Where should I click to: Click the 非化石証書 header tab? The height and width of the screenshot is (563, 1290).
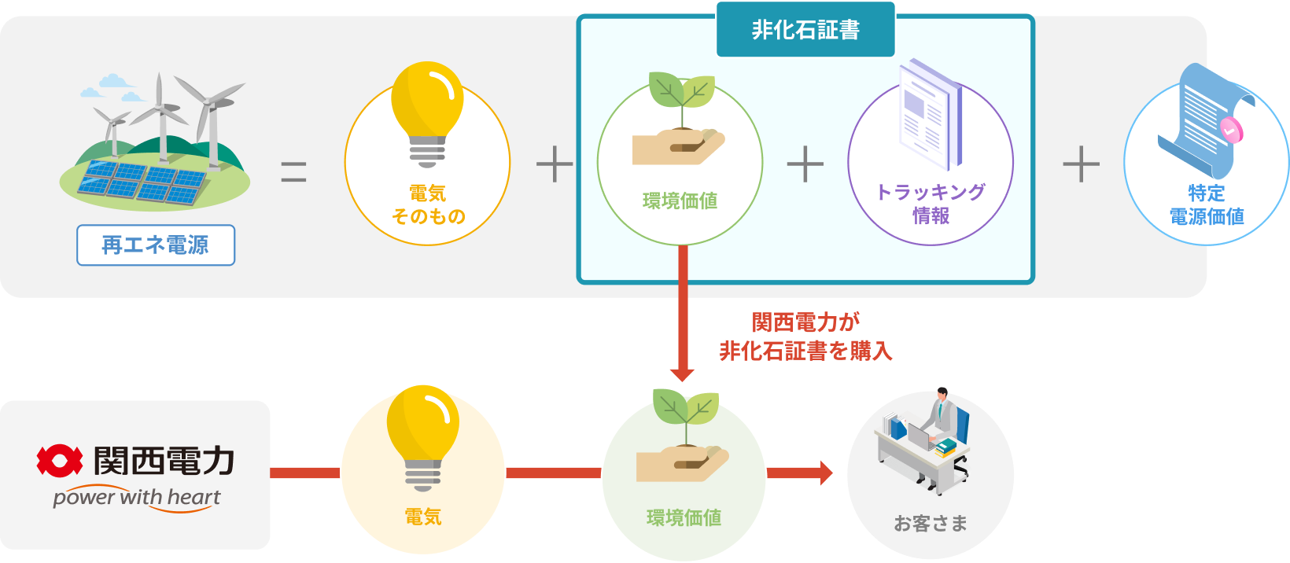pyautogui.click(x=805, y=30)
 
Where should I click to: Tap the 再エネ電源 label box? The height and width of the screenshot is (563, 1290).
pyautogui.click(x=156, y=245)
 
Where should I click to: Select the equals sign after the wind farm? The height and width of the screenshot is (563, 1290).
pyautogui.click(x=293, y=171)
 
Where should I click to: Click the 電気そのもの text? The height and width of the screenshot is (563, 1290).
pyautogui.click(x=428, y=204)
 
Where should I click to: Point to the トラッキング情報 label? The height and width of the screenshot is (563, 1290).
pyautogui.click(x=931, y=204)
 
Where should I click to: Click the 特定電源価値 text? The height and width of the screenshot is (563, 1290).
pyautogui.click(x=1206, y=204)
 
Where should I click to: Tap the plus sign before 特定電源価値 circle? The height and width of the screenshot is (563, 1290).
pyautogui.click(x=1082, y=164)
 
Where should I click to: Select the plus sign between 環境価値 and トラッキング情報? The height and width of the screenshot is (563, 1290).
pyautogui.click(x=805, y=164)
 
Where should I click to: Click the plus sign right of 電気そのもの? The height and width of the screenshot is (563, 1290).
pyautogui.click(x=555, y=164)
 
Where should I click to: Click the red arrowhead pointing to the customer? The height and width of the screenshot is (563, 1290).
pyautogui.click(x=825, y=473)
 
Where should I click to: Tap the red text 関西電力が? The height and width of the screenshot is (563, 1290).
pyautogui.click(x=805, y=322)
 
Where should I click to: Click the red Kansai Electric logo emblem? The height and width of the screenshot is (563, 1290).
pyautogui.click(x=59, y=461)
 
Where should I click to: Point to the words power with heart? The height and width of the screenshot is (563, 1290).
pyautogui.click(x=137, y=498)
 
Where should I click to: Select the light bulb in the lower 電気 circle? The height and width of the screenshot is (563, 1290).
pyautogui.click(x=422, y=436)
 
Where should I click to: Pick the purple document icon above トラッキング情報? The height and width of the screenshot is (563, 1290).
pyautogui.click(x=931, y=114)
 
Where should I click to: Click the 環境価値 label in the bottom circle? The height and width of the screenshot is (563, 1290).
pyautogui.click(x=684, y=517)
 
